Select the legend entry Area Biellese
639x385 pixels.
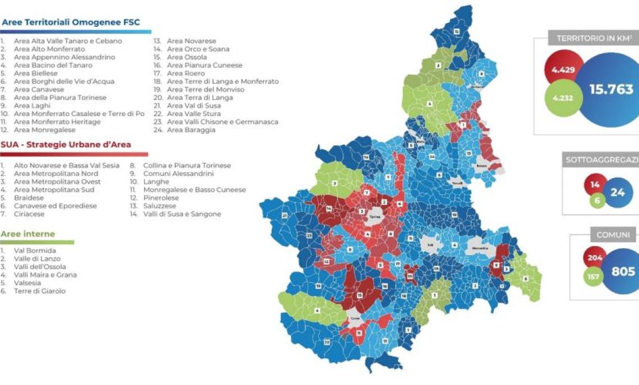pos(35,73)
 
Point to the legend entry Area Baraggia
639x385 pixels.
pos(191,130)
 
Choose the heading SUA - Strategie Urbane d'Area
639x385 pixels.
pos(66,145)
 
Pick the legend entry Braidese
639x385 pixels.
pos(29,198)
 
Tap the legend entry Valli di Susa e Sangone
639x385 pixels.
pos(182,214)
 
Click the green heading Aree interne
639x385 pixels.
pos(27,234)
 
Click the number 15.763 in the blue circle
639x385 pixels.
pos(611,89)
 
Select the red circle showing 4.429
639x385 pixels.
pos(562,69)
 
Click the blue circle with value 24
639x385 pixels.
pos(618,192)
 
